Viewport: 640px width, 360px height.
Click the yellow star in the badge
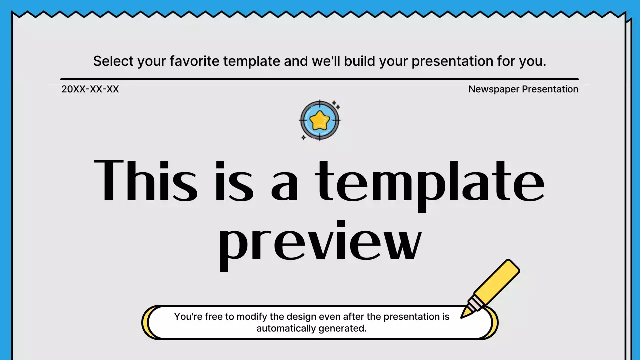pos(319,120)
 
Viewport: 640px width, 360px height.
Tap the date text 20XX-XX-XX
pos(90,89)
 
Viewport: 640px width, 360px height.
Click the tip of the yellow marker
pos(463,315)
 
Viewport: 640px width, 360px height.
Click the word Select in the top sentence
pos(113,61)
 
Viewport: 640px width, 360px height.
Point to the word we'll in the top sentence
pos(326,61)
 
